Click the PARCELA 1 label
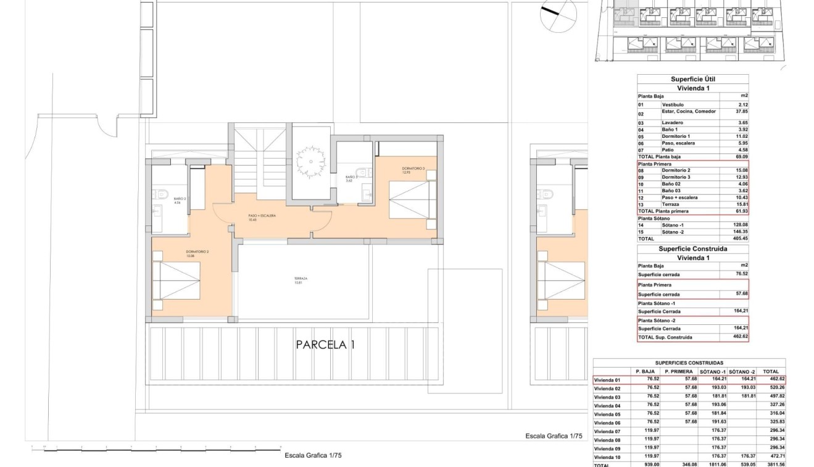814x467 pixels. coord(325,345)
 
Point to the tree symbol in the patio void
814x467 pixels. coord(307,162)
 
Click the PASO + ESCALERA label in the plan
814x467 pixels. coord(262,217)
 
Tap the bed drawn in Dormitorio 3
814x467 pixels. coord(412,199)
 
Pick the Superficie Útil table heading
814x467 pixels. coord(692,79)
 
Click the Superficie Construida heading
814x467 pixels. coord(692,249)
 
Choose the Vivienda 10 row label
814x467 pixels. coord(608,456)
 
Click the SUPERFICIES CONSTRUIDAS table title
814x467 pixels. coord(689,363)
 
